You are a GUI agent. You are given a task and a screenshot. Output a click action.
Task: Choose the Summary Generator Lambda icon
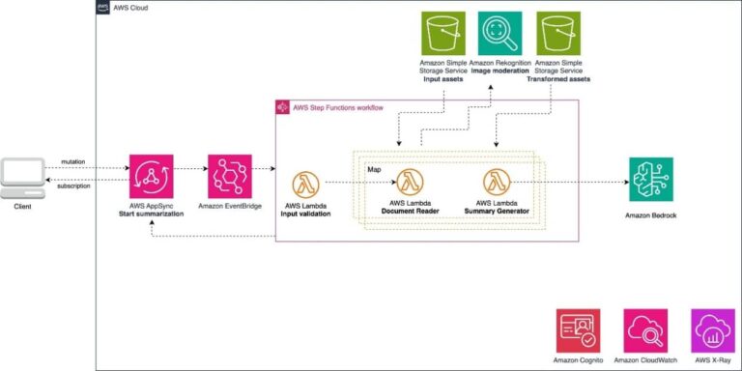point(498,182)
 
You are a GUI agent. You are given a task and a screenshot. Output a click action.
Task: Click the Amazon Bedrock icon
point(650,180)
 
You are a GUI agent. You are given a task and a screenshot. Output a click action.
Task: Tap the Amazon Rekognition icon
point(499,34)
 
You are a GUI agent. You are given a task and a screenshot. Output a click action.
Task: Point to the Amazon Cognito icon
point(577,330)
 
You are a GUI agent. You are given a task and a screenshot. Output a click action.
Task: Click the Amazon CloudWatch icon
point(646,330)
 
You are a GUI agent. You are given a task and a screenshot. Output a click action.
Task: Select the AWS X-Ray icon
point(713,330)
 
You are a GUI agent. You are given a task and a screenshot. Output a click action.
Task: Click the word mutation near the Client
point(72,161)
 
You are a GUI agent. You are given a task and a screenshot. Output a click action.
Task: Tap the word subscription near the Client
point(73,185)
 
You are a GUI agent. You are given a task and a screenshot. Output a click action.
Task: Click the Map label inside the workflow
point(372,168)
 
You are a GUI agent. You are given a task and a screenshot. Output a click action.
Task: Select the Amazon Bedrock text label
point(650,215)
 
